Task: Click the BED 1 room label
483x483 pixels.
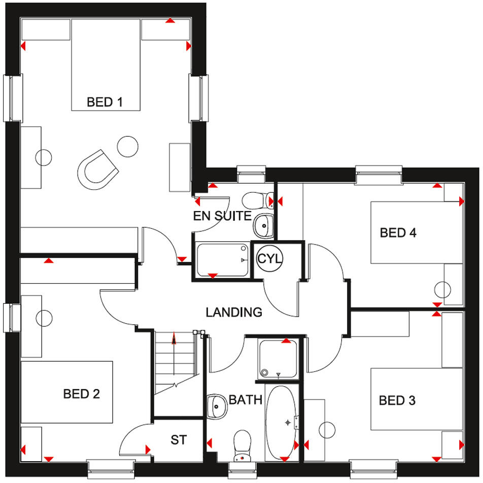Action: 105,102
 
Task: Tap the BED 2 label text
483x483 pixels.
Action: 81,393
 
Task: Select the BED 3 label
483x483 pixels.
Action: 397,400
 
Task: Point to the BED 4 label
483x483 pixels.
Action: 398,233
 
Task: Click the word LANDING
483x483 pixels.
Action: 234,312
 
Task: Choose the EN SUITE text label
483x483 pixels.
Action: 222,216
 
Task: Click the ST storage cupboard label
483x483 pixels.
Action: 178,440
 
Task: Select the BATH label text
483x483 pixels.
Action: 245,400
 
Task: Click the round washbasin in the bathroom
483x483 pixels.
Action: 217,405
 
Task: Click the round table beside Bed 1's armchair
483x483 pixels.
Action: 128,147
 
